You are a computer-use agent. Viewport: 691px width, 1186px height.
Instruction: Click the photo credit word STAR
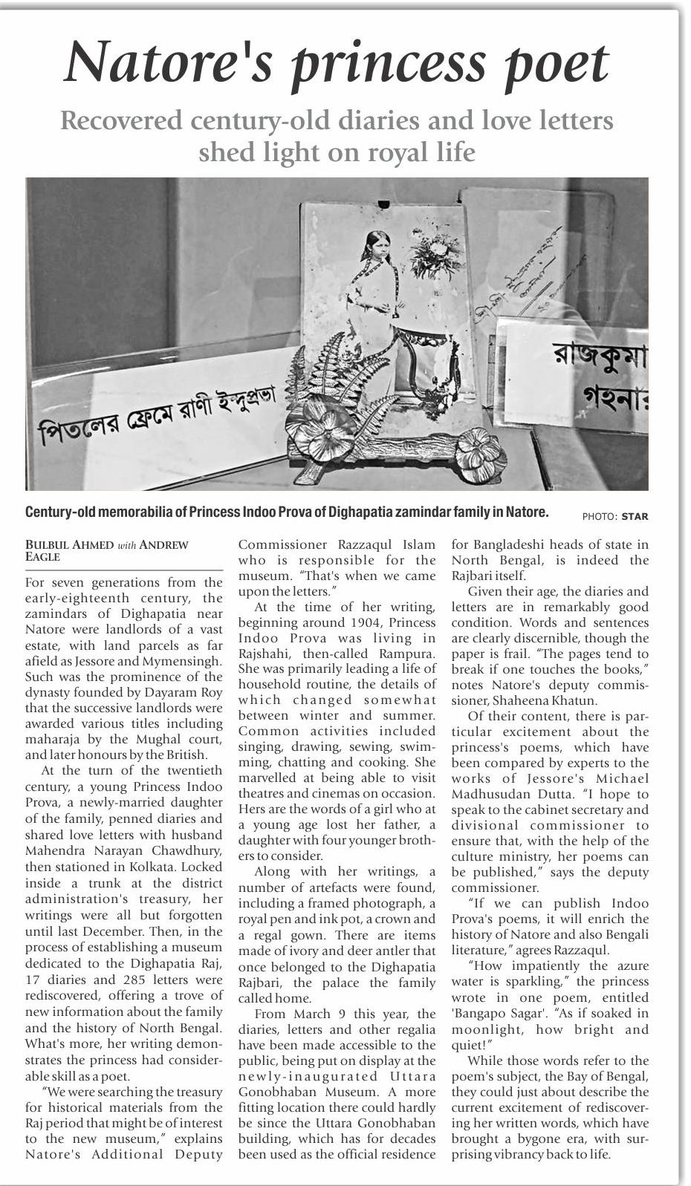point(635,516)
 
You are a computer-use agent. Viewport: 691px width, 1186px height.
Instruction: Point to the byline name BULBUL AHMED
point(70,545)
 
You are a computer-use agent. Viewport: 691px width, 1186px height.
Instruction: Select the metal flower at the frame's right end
point(479,449)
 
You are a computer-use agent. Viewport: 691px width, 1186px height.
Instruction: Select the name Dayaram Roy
point(181,693)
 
